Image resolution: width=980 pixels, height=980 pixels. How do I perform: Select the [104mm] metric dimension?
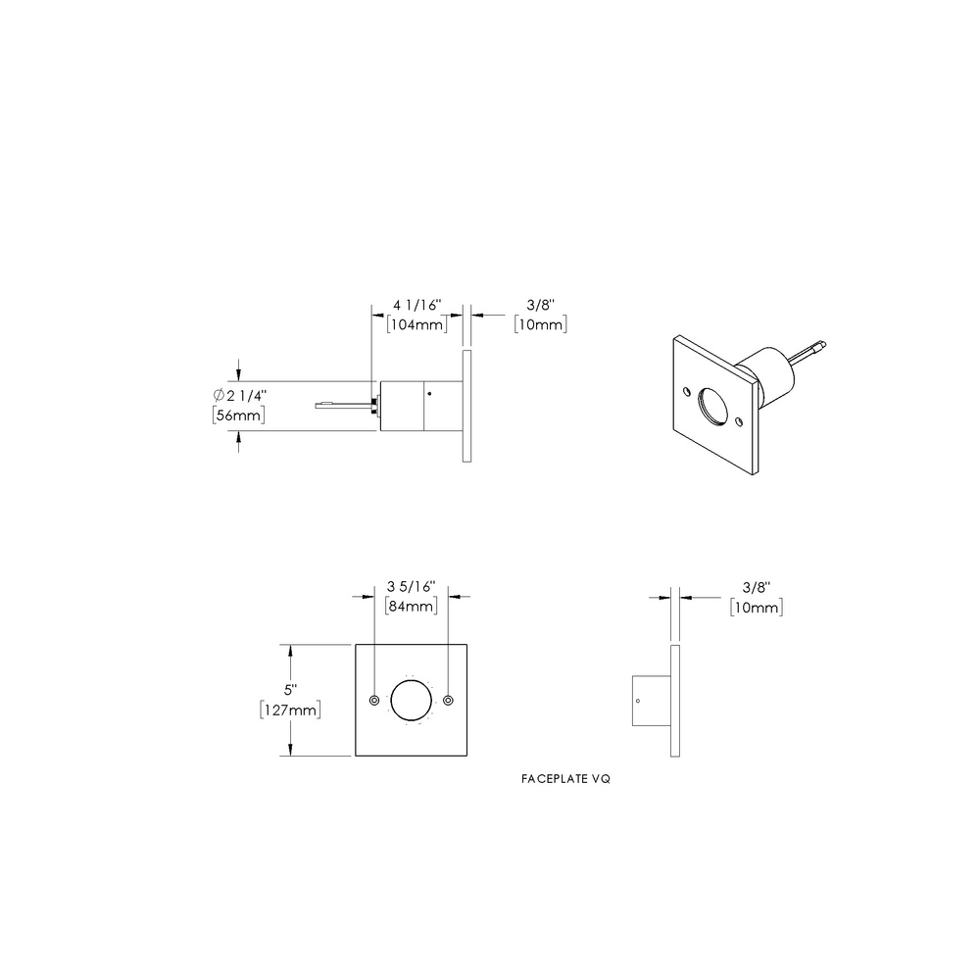417,324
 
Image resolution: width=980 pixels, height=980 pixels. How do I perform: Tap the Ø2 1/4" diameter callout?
238,395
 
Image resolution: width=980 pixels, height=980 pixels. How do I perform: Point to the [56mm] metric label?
238,416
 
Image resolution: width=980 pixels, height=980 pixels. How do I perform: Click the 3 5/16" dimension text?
412,587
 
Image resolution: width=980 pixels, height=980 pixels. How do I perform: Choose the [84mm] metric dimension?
412,607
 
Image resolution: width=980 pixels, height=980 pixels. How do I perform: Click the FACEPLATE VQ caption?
567,782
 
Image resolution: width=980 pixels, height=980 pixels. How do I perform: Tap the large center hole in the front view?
412,700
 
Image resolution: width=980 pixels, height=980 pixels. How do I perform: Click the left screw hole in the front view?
375,700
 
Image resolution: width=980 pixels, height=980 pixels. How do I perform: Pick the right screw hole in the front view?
448,700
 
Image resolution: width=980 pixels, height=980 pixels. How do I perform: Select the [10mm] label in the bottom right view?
756,608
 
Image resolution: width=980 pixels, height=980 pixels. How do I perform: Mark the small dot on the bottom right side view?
638,701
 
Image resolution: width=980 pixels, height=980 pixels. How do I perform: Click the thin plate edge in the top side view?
467,405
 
